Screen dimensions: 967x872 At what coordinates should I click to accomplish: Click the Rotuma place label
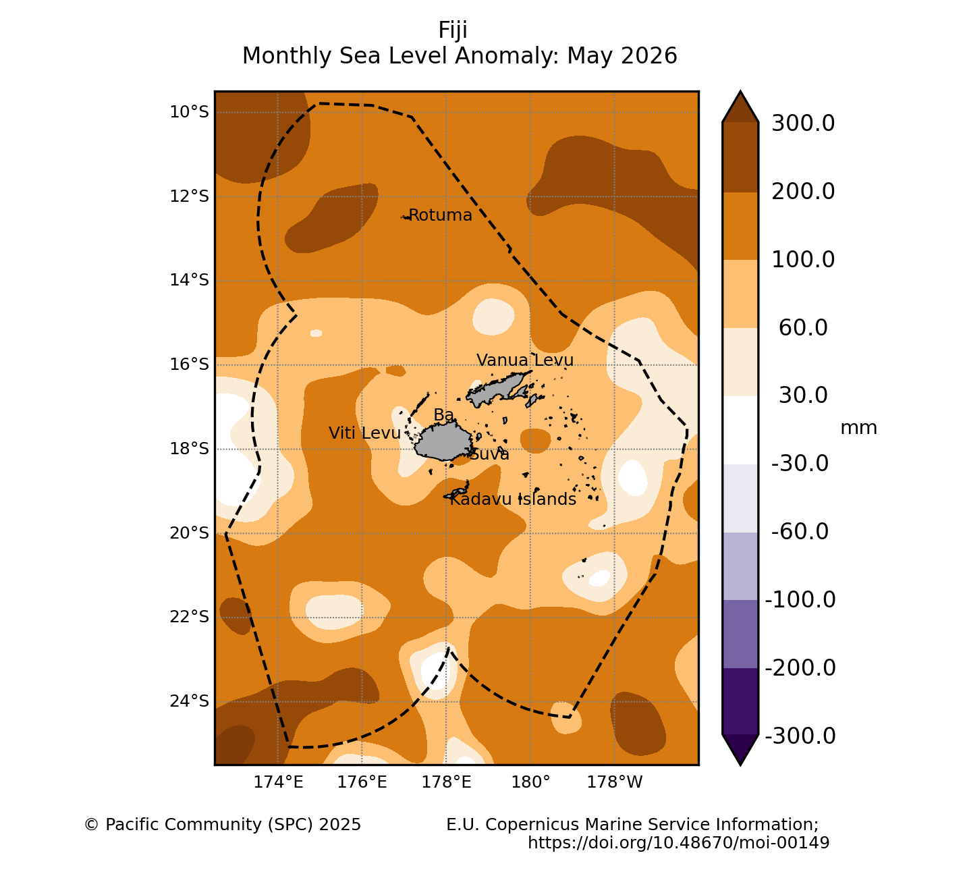(440, 215)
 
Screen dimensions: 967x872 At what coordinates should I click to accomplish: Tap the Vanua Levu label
(525, 360)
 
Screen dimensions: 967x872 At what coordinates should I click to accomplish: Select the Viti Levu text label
(364, 433)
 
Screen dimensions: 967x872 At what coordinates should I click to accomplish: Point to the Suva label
(489, 454)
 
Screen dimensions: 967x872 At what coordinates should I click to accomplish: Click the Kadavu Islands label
(513, 499)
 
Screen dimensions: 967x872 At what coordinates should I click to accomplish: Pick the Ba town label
(443, 415)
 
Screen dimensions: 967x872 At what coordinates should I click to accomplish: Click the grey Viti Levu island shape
(443, 441)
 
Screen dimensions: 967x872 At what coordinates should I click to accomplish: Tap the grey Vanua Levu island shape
(499, 389)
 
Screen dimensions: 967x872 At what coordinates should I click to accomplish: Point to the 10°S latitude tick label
(190, 112)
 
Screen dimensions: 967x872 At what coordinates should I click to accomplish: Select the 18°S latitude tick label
(190, 449)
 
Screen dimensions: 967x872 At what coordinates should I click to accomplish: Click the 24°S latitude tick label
(190, 701)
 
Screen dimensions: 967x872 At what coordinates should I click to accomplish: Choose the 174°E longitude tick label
(278, 782)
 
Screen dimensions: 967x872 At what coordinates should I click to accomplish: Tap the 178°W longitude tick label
(615, 782)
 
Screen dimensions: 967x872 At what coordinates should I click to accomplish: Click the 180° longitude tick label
(530, 782)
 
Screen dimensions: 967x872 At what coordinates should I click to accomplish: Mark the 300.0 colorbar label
(803, 123)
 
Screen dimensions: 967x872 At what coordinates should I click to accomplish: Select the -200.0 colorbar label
(800, 668)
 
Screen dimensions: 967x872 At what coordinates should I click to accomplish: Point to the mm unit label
(858, 428)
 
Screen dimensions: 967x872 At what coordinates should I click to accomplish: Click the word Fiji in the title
(453, 30)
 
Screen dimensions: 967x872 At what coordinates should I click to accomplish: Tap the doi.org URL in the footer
(679, 842)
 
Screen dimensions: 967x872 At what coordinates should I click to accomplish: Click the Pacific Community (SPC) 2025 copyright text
(223, 824)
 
